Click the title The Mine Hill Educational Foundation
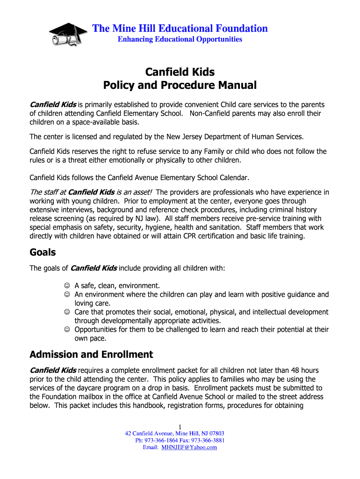180,29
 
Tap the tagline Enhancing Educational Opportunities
180,39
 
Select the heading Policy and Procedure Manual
180,86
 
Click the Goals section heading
43,253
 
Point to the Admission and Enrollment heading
91,354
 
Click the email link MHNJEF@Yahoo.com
189,448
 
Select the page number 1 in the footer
180,426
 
